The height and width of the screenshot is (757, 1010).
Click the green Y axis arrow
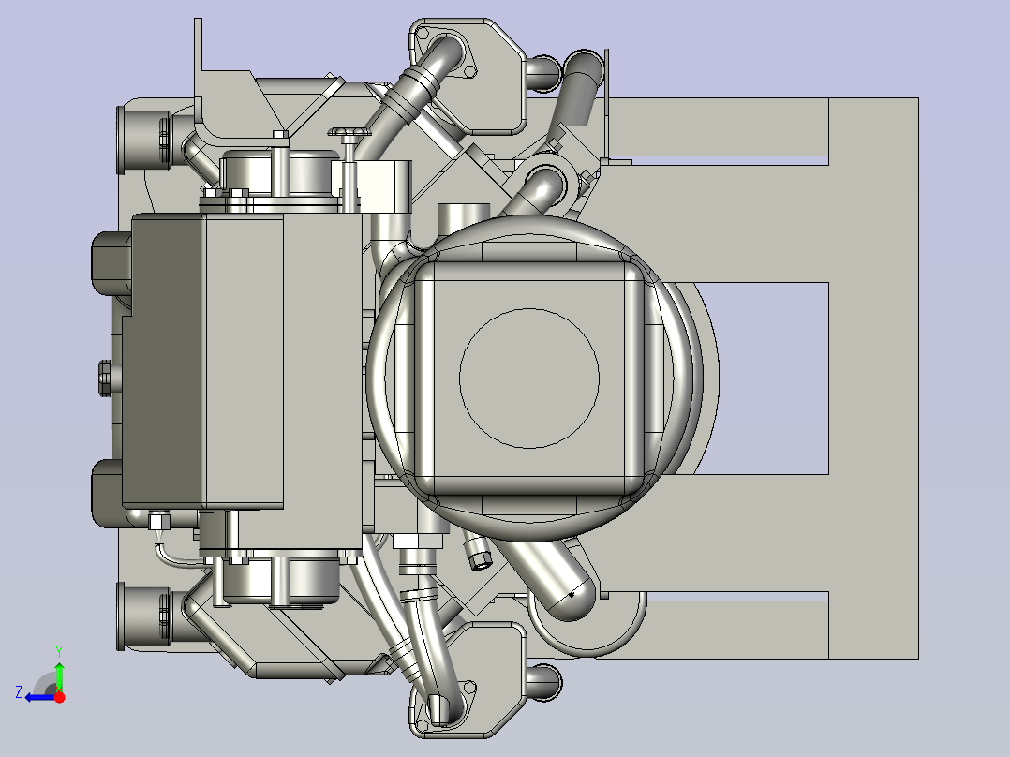(59, 674)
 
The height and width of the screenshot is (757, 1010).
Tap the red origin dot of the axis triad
(59, 696)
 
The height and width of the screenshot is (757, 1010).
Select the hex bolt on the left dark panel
(104, 377)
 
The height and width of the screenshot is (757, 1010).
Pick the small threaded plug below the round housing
(479, 557)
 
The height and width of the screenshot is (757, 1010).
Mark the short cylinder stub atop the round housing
(464, 215)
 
